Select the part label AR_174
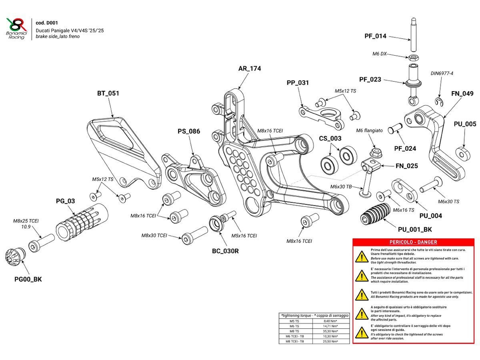(250, 69)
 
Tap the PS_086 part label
(189, 131)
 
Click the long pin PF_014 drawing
(412, 34)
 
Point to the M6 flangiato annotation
(369, 131)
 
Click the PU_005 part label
(465, 124)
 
